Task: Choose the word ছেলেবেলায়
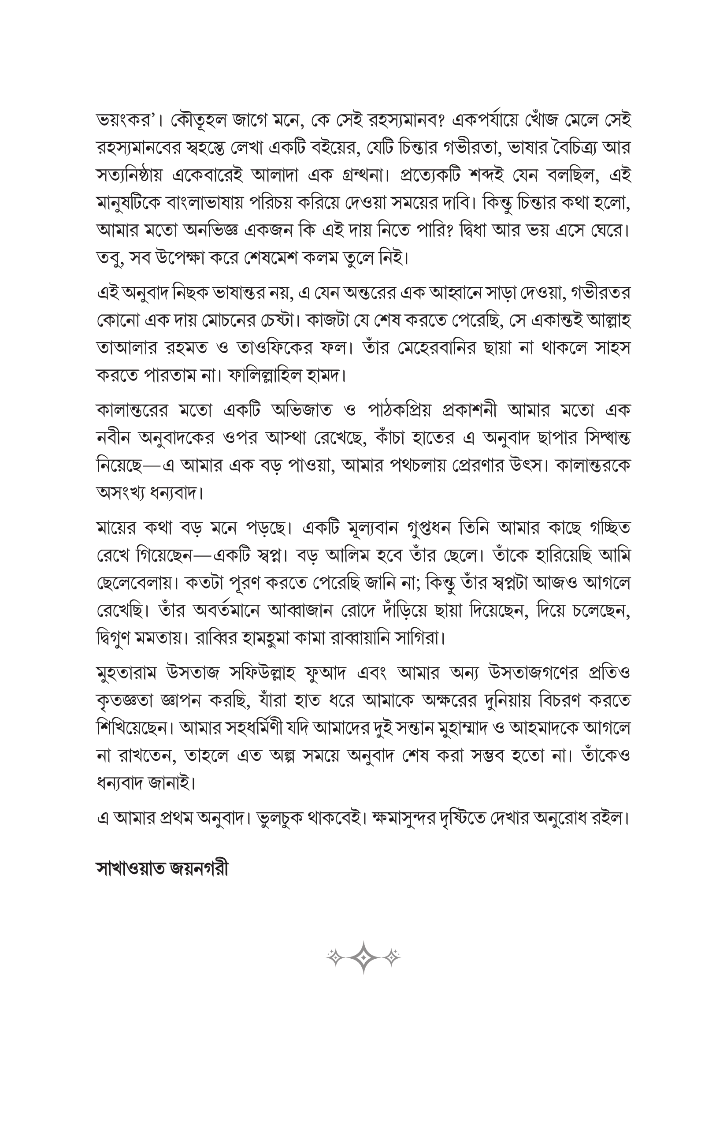(134, 584)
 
